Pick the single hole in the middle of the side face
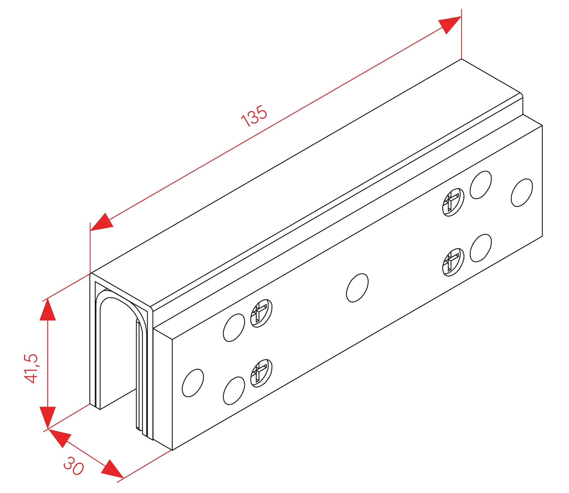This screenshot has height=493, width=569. (357, 288)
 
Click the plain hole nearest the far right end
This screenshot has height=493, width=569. (522, 193)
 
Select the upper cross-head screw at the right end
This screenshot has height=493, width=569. (453, 201)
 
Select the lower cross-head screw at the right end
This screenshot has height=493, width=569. (453, 263)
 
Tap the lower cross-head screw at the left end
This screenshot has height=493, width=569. (261, 373)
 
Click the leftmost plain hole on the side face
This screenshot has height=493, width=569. (193, 383)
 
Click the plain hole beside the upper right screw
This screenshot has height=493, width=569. (480, 185)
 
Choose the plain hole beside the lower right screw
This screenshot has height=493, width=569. (480, 247)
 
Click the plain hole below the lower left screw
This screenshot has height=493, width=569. (234, 390)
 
